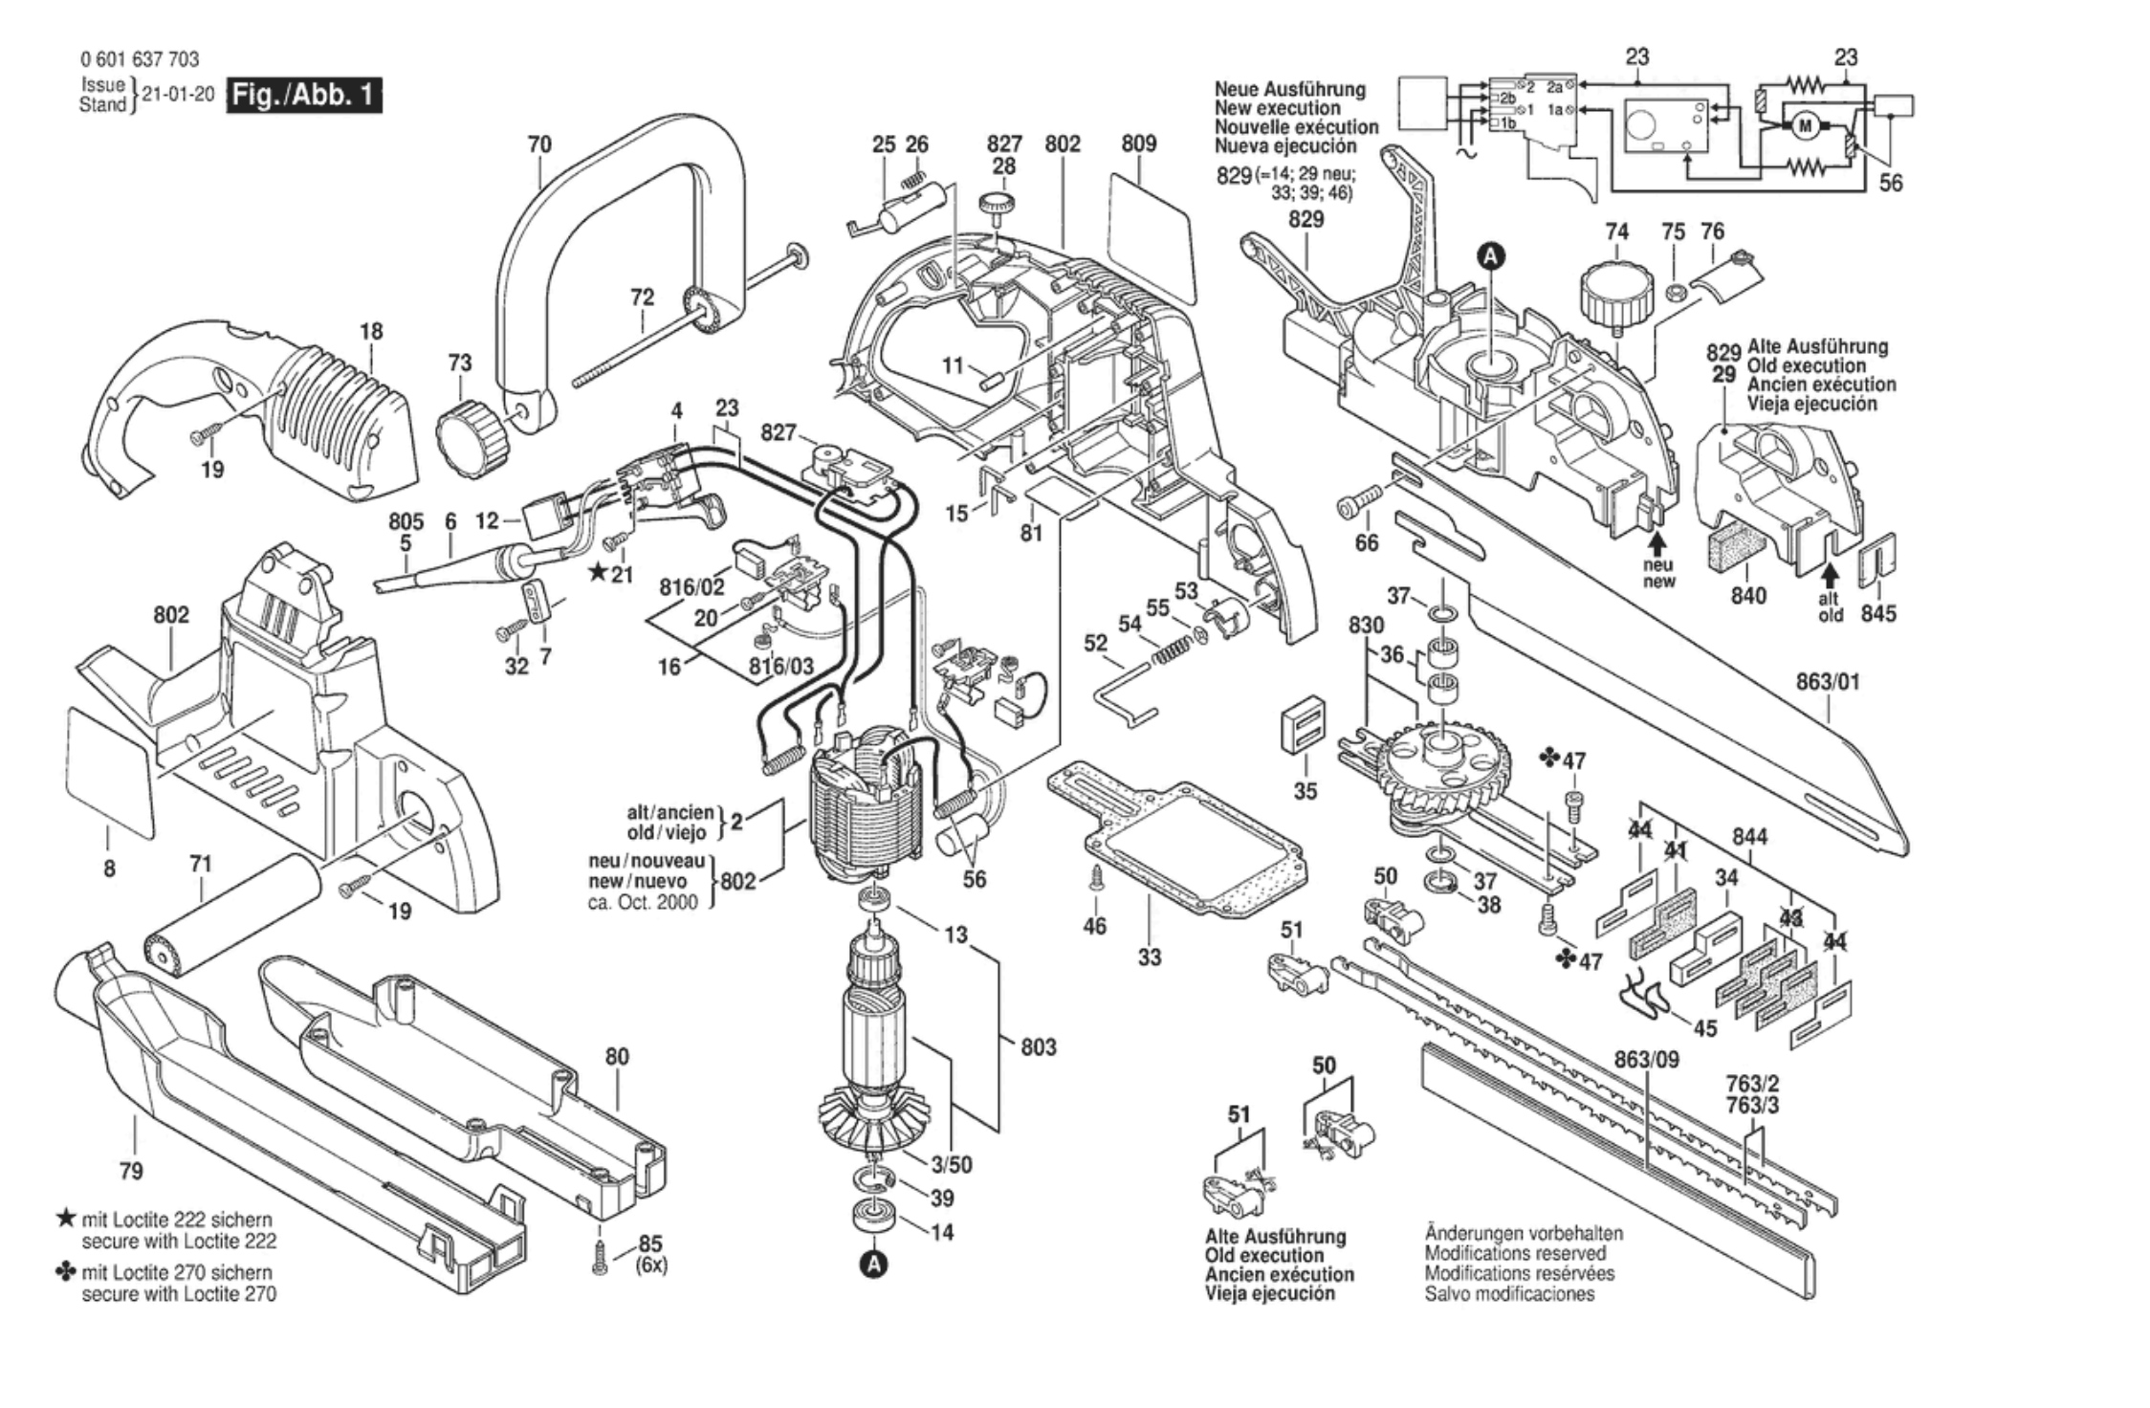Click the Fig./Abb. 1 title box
[303, 97]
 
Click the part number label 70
[539, 144]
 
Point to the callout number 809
[1138, 143]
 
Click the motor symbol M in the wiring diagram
[1806, 125]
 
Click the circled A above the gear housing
[1491, 255]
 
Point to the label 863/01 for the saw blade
[1828, 683]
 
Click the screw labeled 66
[1359, 499]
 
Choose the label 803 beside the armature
[1038, 1047]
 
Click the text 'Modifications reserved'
[1515, 1253]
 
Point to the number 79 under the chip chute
[131, 1172]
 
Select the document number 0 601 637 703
[140, 59]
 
